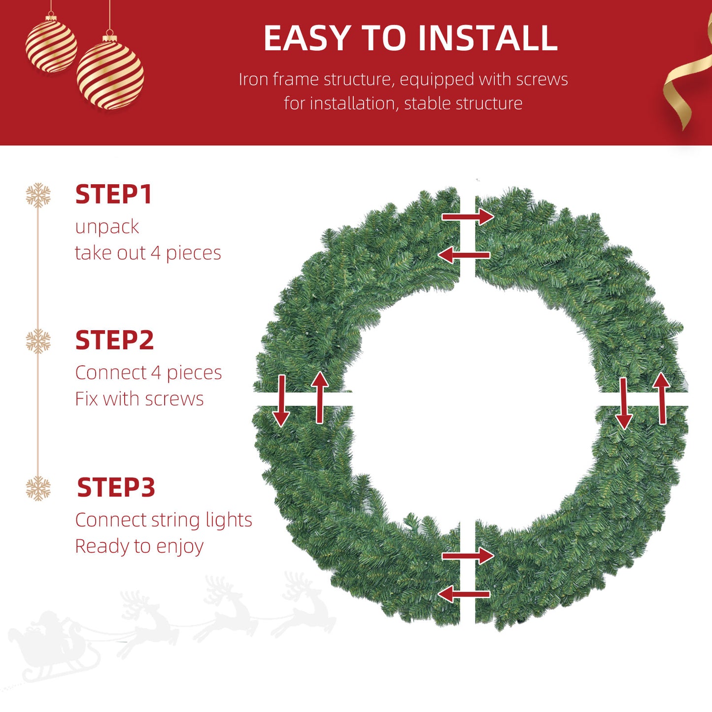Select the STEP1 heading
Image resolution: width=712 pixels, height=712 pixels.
pyautogui.click(x=113, y=194)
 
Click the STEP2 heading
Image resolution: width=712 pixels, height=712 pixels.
pyautogui.click(x=114, y=340)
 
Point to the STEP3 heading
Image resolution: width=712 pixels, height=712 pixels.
pyautogui.click(x=116, y=487)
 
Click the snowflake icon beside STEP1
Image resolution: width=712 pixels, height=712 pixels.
pyautogui.click(x=38, y=195)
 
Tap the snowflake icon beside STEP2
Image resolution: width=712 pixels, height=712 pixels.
pyautogui.click(x=38, y=340)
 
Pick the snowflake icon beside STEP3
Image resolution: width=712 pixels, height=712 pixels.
pyautogui.click(x=38, y=488)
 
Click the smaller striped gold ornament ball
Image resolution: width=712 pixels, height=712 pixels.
pyautogui.click(x=51, y=44)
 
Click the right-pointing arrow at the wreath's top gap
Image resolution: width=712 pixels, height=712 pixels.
pyautogui.click(x=468, y=216)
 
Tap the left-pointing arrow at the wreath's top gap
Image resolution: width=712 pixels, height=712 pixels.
pyautogui.click(x=464, y=255)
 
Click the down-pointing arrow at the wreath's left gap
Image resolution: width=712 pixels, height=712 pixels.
pyautogui.click(x=281, y=401)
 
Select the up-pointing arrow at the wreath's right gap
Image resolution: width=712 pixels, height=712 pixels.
pyautogui.click(x=661, y=398)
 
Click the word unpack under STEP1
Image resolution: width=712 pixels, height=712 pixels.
pyautogui.click(x=107, y=227)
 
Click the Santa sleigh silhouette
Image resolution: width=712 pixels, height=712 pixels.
pyautogui.click(x=55, y=650)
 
